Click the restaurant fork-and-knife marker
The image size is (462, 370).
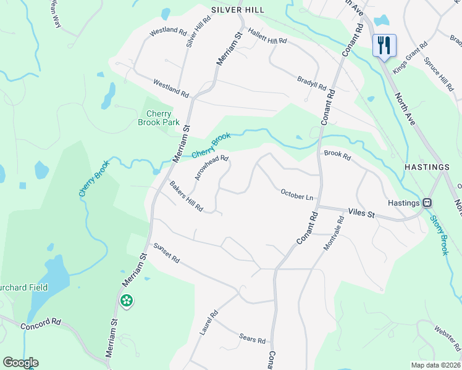[384, 44]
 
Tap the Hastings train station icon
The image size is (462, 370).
[426, 202]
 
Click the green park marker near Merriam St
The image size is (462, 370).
[127, 300]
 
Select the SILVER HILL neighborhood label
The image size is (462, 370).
[237, 10]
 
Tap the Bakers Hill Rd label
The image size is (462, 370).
[187, 196]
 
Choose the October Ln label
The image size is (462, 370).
[297, 195]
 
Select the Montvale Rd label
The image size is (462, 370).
[334, 233]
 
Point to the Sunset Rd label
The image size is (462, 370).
[166, 252]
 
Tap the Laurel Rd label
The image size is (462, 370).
[209, 323]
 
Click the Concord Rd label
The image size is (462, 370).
[41, 324]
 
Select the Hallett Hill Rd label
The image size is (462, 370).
[267, 36]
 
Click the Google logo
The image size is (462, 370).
[20, 363]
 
